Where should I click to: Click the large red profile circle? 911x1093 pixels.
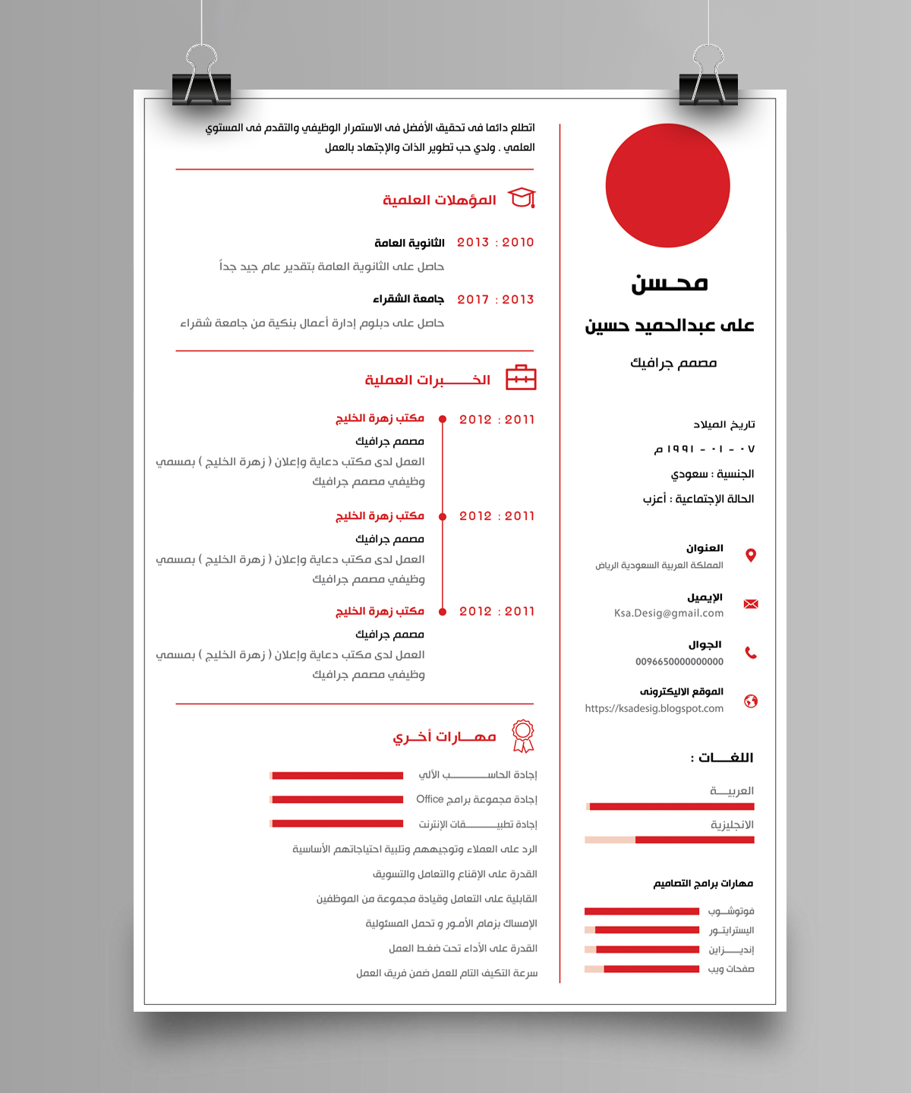[667, 185]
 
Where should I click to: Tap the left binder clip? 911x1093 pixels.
[201, 80]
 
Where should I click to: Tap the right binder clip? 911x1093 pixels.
[708, 80]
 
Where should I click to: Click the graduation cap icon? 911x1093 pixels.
[522, 199]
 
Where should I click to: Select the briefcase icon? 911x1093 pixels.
[521, 378]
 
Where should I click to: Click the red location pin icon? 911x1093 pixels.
[751, 556]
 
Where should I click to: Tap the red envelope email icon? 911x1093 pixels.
[751, 604]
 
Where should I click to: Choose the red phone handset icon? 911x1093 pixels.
[751, 653]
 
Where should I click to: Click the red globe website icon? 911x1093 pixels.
[751, 701]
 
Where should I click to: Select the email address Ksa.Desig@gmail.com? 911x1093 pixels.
[669, 613]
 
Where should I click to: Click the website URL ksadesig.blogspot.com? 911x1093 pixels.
[654, 709]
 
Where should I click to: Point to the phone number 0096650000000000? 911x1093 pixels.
[679, 662]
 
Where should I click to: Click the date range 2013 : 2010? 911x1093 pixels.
[495, 243]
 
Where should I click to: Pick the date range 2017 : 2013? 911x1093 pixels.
[495, 300]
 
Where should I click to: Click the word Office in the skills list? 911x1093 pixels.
[430, 799]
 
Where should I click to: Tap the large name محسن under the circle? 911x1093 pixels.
[669, 284]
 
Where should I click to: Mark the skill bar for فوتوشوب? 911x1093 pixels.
[641, 911]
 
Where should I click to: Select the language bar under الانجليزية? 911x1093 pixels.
[669, 840]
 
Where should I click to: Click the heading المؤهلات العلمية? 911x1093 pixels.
[440, 200]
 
